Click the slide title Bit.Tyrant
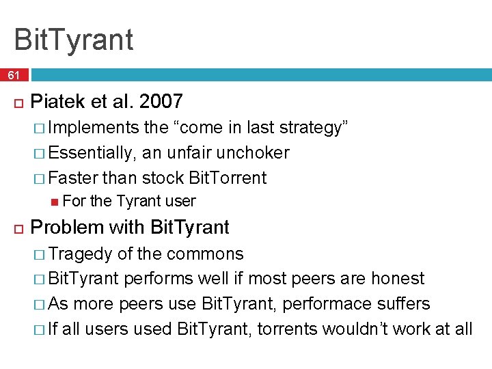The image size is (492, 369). click(73, 39)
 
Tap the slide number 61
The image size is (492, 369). click(14, 75)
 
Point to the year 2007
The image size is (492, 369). click(161, 102)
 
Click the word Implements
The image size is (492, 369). click(94, 128)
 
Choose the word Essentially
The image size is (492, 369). click(94, 152)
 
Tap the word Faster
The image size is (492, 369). click(73, 178)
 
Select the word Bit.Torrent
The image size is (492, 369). click(228, 178)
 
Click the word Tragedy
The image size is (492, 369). click(81, 254)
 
